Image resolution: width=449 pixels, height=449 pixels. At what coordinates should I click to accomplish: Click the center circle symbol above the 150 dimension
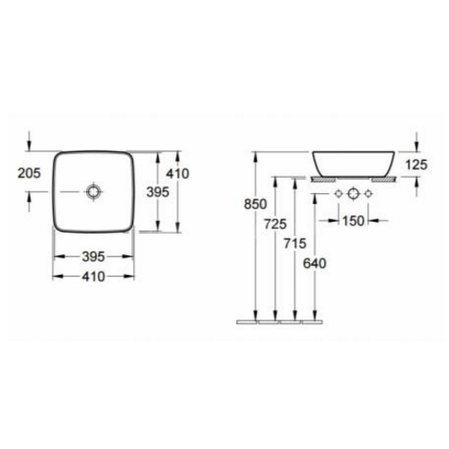[353, 194]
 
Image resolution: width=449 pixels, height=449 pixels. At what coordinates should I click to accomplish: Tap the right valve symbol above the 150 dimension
[369, 194]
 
